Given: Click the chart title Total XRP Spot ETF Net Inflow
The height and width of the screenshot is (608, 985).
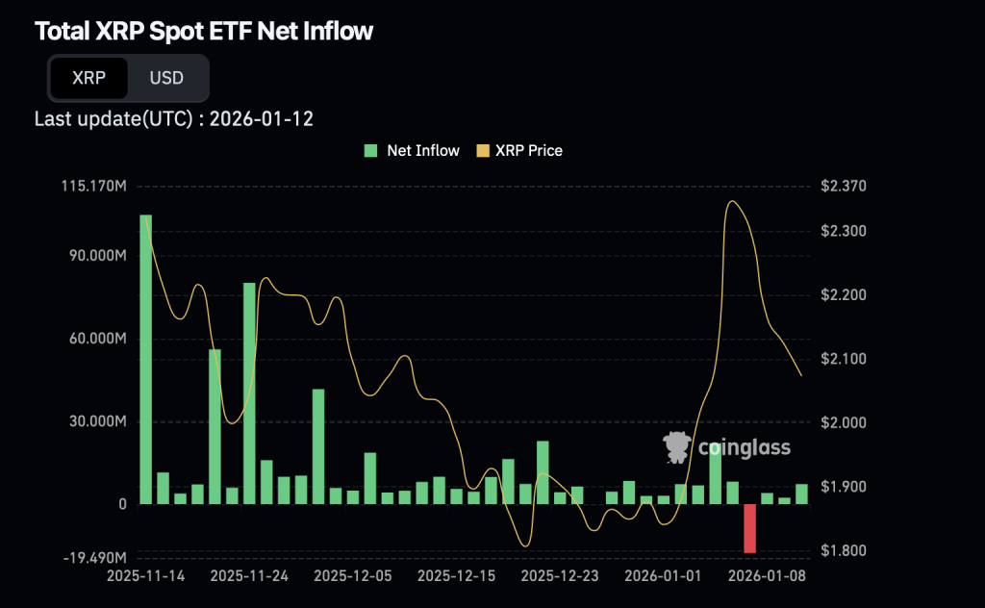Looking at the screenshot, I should pos(204,32).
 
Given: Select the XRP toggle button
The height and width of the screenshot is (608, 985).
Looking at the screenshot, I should pos(88,78).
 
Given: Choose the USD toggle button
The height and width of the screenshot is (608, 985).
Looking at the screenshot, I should pos(166,78).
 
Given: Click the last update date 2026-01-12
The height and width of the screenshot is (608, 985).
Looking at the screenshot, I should pos(261,119).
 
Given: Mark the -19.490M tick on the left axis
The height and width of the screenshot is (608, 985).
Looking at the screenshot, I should pos(93,558).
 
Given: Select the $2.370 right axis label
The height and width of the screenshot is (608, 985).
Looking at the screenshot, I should pos(843,186).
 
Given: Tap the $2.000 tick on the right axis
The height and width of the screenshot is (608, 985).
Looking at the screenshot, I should pos(843,422).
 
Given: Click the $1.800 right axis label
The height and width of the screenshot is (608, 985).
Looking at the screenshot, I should pos(843,551).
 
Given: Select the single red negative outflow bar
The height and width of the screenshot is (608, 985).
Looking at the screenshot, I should pos(749,528).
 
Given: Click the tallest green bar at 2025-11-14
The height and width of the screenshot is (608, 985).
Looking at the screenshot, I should pos(145,359).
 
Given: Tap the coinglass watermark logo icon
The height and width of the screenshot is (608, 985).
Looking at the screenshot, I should pos(678,446).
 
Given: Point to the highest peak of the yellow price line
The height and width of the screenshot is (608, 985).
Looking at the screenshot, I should pos(733,201).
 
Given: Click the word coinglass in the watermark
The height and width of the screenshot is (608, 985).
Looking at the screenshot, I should pos(744,447).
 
